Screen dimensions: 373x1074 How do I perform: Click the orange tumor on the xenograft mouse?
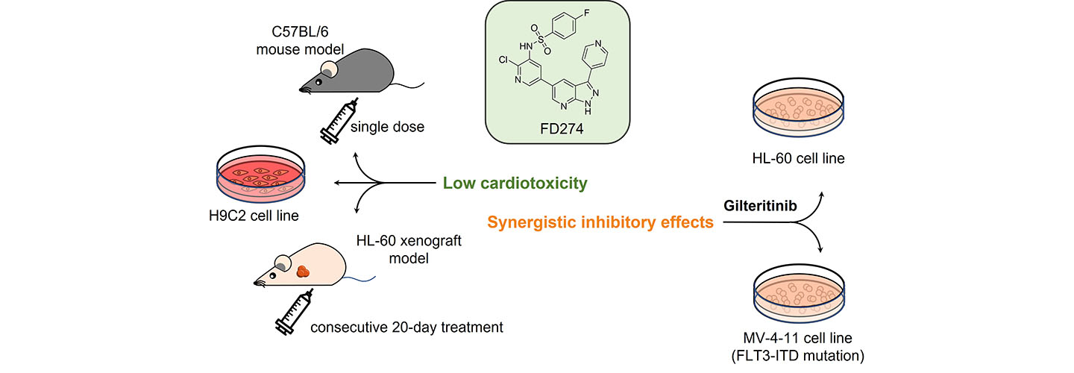click(304, 272)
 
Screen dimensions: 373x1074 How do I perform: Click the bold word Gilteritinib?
click(759, 203)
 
